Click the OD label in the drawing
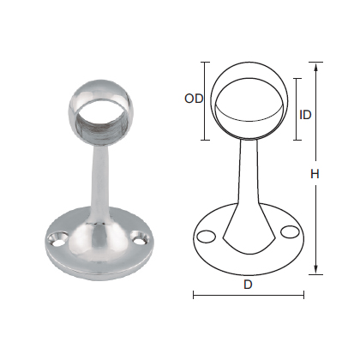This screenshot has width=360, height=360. point(193,99)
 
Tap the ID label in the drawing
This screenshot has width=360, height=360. point(305,114)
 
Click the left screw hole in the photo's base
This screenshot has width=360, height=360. point(61,234)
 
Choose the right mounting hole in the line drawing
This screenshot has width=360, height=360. point(289,231)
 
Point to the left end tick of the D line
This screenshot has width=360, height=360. point(193,295)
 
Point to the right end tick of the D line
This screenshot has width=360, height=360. point(304,295)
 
